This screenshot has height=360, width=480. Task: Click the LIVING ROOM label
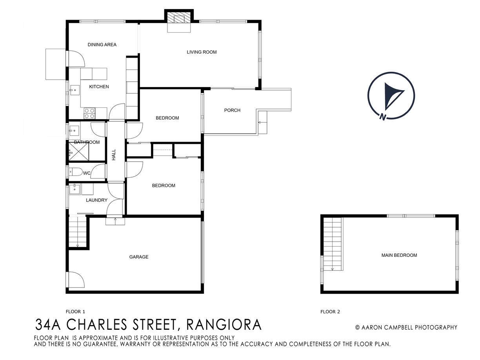click(x=202, y=52)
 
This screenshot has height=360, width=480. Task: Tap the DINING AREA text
click(x=102, y=45)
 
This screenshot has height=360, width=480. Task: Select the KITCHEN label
click(x=99, y=87)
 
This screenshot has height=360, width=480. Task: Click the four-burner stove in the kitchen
click(x=89, y=113)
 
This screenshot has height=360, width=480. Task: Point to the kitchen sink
click(x=75, y=90)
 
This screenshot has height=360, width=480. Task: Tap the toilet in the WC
click(x=75, y=172)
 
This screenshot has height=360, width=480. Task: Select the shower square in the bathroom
click(x=79, y=151)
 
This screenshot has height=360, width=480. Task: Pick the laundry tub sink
click(x=75, y=189)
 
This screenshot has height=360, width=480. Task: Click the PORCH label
click(x=232, y=110)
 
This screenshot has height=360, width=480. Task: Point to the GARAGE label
click(x=139, y=257)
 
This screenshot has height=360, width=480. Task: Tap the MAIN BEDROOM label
click(x=399, y=255)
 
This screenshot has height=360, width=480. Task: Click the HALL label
click(x=114, y=155)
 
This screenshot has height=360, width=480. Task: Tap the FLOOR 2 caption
click(x=330, y=312)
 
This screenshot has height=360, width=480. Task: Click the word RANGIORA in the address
click(x=224, y=325)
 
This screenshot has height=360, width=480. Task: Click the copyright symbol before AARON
click(x=358, y=327)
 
